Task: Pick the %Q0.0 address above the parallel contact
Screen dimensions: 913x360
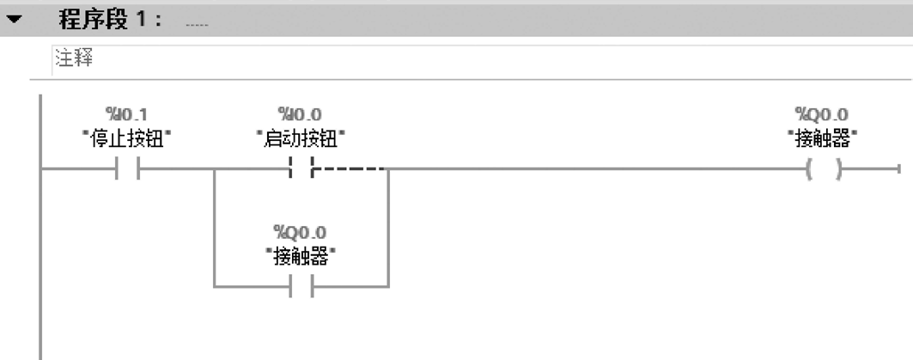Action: pos(301,233)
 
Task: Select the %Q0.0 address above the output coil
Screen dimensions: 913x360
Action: pos(827,114)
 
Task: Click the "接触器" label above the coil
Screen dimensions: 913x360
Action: pos(827,136)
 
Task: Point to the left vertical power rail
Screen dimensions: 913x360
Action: pos(40,258)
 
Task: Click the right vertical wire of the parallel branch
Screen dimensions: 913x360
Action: pos(389,229)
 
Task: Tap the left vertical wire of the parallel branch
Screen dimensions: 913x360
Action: pos(213,229)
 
